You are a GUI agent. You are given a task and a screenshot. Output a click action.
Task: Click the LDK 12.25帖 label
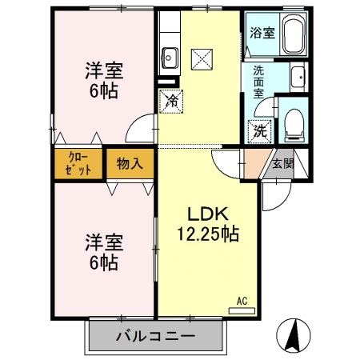tap(208, 224)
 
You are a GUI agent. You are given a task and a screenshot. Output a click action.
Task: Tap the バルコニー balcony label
tap(154, 335)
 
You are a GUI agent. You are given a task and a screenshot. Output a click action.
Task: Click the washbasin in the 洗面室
tap(297, 78)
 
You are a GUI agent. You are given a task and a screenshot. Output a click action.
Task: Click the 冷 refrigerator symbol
tap(170, 100)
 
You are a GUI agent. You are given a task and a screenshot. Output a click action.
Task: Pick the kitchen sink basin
tap(170, 57)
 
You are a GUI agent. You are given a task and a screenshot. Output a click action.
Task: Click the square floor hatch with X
tap(200, 58)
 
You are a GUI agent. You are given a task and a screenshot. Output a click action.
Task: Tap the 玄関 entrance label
tap(282, 164)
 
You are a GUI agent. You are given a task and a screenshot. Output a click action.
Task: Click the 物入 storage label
tap(130, 164)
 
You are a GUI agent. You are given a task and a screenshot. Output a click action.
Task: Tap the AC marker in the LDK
tap(242, 302)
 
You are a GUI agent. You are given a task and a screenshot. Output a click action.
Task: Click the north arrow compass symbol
tap(295, 334)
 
